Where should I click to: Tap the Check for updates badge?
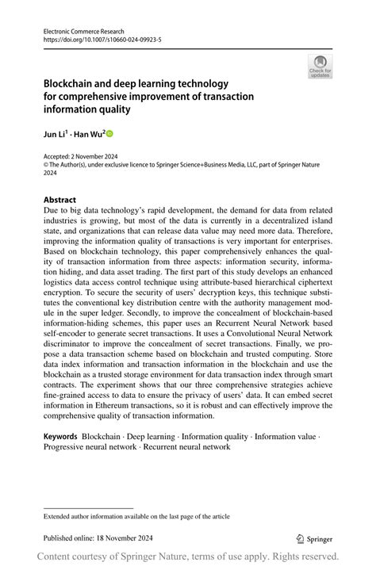tap(320, 67)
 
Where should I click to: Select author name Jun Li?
tap(56, 134)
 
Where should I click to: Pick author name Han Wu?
tap(89, 134)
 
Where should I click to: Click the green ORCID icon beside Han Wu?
tap(109, 134)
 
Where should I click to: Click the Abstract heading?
tap(60, 200)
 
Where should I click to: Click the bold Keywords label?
tap(60, 436)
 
